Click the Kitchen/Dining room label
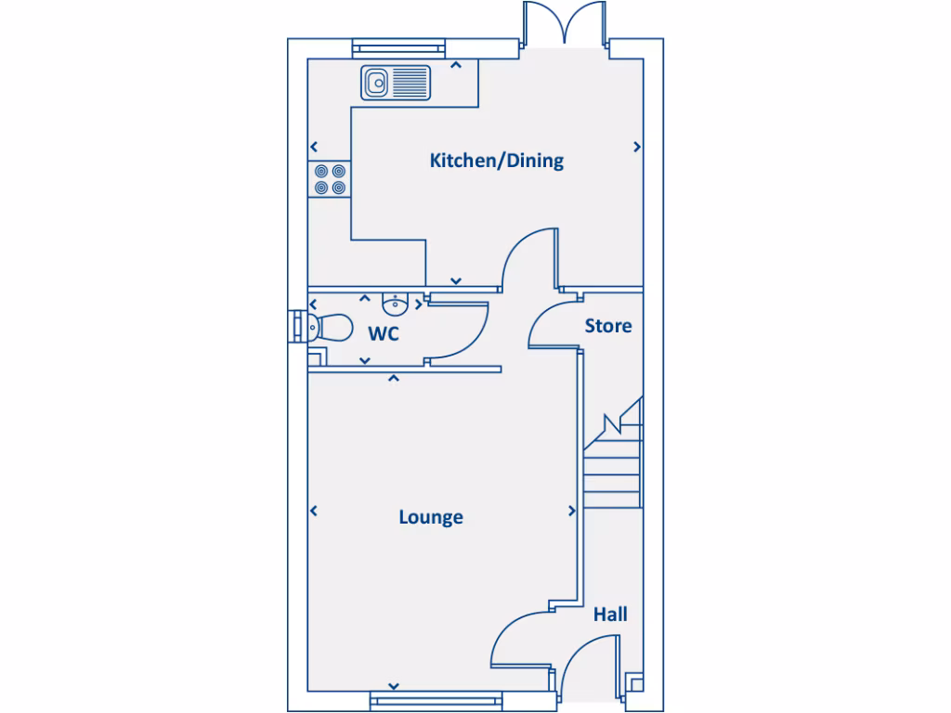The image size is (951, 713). coord(496,161)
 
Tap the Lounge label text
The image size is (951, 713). coord(431,517)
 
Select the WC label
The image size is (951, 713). coord(384,333)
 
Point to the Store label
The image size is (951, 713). coord(608,326)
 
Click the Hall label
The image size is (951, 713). coord(610,614)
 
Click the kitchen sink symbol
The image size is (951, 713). coord(397,83)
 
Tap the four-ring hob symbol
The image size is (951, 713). coord(330,179)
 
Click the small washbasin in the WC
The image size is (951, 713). coord(397,303)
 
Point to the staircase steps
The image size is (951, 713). coord(613,469)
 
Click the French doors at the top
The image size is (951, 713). coord(564,23)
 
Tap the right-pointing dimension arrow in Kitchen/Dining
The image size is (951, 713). coord(637,147)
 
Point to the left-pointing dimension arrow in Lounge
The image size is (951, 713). coord(314,511)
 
